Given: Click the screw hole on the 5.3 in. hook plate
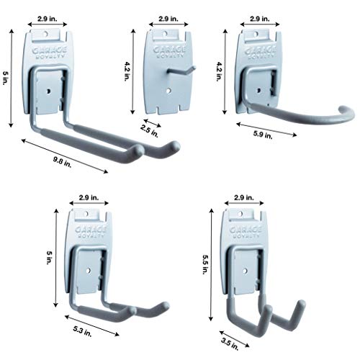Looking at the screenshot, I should pos(89,273).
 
